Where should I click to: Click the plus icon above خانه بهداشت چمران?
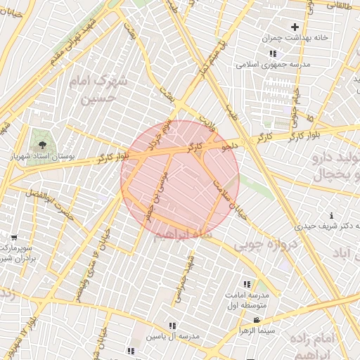point(285,27)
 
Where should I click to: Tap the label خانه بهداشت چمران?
point(286,38)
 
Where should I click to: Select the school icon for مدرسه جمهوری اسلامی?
point(273,53)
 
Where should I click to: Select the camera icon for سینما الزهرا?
point(245,320)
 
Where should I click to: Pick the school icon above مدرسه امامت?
point(246,284)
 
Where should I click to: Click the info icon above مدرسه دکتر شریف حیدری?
point(331,214)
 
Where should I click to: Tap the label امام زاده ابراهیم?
point(330,347)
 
